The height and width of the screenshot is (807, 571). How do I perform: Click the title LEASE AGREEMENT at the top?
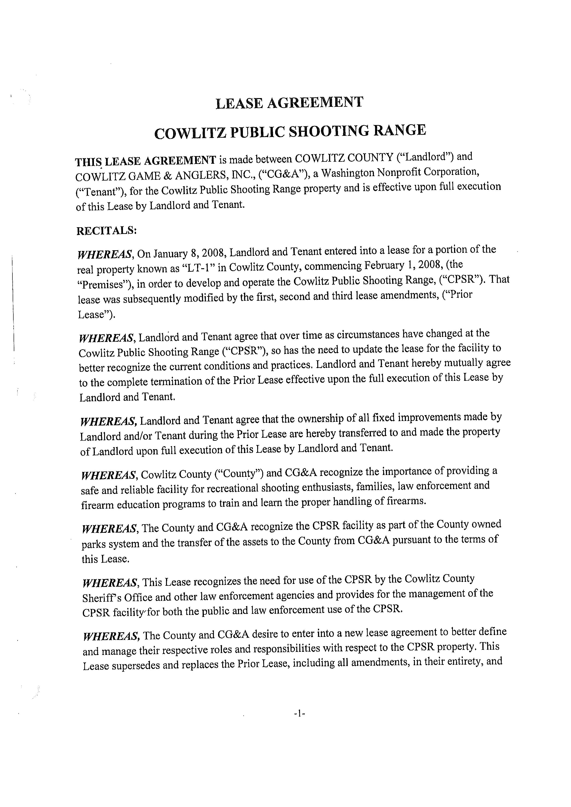coord(289,103)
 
